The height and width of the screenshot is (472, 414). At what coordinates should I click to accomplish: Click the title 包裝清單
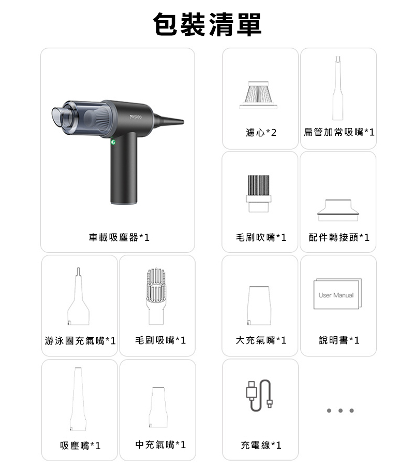(207, 24)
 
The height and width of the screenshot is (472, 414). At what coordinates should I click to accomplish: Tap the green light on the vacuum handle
(113, 142)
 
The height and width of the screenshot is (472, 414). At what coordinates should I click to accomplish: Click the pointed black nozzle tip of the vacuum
(181, 122)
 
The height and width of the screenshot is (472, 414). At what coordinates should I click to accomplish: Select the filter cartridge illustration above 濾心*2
(258, 95)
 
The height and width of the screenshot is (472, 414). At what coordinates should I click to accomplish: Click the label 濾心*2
(261, 133)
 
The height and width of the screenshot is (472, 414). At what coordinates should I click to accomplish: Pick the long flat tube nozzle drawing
(337, 88)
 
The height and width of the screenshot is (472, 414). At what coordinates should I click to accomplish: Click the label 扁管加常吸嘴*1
(338, 132)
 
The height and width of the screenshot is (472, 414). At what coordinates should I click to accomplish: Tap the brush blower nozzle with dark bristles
(259, 194)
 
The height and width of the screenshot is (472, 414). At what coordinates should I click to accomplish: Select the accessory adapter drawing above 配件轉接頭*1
(338, 210)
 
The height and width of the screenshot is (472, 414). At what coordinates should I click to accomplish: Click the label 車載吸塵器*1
(119, 237)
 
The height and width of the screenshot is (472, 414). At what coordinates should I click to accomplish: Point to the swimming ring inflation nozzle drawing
(78, 296)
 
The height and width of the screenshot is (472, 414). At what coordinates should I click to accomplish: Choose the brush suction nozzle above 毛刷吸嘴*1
(156, 296)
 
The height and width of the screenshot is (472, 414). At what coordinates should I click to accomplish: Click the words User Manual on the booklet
(336, 295)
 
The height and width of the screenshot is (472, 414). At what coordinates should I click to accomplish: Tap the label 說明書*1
(339, 340)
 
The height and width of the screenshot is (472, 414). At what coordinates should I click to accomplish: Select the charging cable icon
(259, 395)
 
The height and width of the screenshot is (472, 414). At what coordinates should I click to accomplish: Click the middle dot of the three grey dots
(341, 410)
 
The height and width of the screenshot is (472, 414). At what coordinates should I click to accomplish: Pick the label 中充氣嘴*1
(160, 445)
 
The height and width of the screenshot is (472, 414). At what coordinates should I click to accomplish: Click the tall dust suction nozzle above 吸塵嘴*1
(78, 399)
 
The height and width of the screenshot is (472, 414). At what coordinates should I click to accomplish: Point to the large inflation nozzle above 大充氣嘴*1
(259, 306)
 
